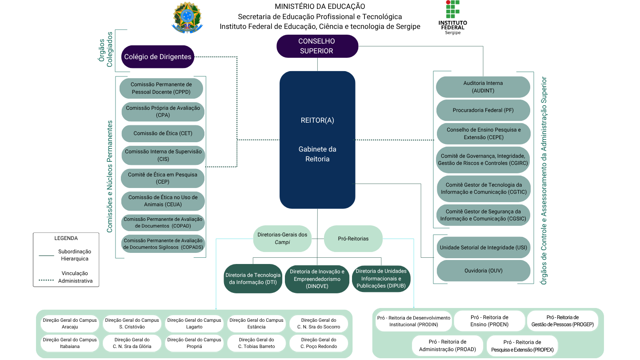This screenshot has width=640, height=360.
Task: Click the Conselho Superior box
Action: coord(317,46)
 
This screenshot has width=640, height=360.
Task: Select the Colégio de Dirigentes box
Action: coord(158,56)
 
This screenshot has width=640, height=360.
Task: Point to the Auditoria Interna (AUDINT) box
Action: coord(483,87)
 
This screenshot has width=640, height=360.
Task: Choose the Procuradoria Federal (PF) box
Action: coord(483,110)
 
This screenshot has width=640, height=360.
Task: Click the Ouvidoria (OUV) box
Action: coord(483,271)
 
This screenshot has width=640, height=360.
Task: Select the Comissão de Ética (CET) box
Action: coord(163,133)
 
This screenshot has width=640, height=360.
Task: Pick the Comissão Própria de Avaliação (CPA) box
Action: coord(163,112)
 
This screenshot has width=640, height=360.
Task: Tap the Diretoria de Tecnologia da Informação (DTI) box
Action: coord(253,279)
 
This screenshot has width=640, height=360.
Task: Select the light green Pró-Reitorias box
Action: coord(353,239)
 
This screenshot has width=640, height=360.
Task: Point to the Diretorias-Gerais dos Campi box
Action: coord(282,239)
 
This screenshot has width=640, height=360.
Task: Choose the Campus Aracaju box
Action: coord(70,324)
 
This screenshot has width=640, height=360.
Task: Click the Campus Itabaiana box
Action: coord(70,343)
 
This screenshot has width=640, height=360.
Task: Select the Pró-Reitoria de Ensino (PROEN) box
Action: coord(489,321)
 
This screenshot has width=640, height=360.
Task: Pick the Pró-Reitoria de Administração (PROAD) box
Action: coord(448,345)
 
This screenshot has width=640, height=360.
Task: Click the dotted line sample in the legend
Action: coord(46,280)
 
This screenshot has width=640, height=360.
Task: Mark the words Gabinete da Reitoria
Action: coord(317,154)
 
